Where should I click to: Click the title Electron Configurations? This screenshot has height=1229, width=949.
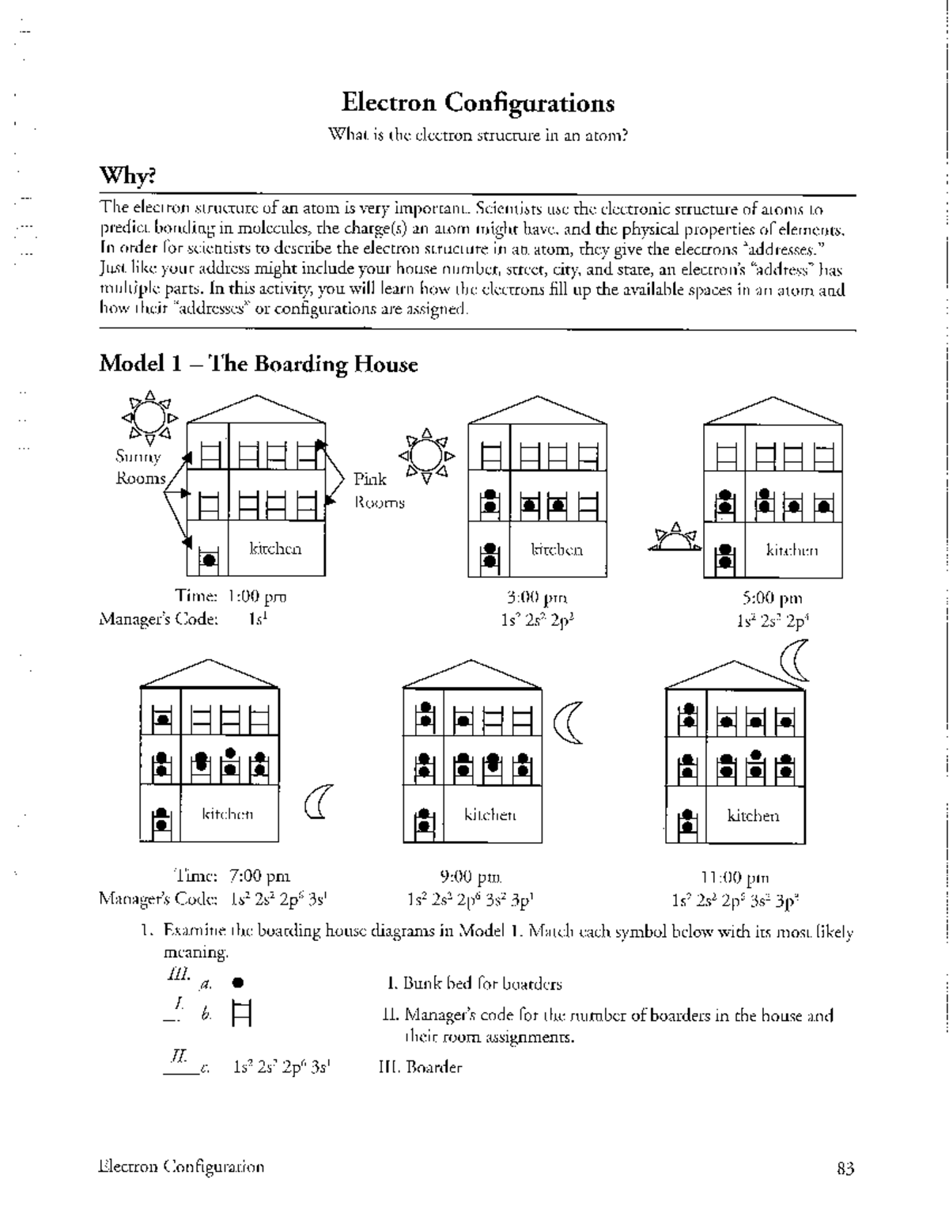[x=478, y=103]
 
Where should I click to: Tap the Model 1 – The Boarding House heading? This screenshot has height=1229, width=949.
[x=258, y=364]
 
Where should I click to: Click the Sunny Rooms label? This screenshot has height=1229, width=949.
[x=139, y=467]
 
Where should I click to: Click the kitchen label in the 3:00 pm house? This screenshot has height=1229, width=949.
[x=557, y=549]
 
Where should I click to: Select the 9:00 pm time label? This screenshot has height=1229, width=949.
[x=471, y=876]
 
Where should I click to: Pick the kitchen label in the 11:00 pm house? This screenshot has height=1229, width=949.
[x=753, y=815]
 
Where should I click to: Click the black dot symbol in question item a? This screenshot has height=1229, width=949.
[x=237, y=984]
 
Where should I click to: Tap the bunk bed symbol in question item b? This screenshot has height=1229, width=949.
[x=241, y=1014]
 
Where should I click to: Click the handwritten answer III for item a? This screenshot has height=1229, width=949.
[x=175, y=976]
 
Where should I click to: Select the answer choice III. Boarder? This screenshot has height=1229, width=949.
[x=421, y=1067]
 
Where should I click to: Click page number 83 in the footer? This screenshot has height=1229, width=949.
[x=845, y=1168]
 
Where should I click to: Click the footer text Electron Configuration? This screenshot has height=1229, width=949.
[x=182, y=1167]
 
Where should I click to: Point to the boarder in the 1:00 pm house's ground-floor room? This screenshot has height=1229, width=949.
[x=209, y=559]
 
